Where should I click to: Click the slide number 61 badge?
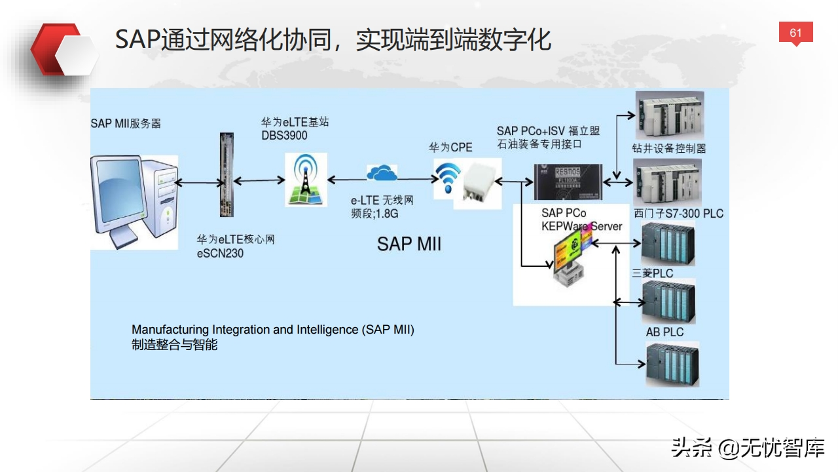(x=795, y=33)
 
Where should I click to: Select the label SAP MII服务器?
(x=126, y=123)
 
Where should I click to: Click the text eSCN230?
(x=220, y=253)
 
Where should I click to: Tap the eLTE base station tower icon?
(x=306, y=180)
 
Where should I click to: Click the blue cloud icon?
(x=382, y=173)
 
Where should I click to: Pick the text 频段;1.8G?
(x=375, y=212)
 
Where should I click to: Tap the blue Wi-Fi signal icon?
(x=448, y=176)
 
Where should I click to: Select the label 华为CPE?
(x=450, y=147)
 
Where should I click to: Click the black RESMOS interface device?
(x=566, y=181)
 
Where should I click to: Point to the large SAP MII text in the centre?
(x=409, y=244)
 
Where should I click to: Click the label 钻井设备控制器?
(x=668, y=148)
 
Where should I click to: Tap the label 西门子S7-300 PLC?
(x=678, y=214)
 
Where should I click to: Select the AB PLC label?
(x=665, y=332)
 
